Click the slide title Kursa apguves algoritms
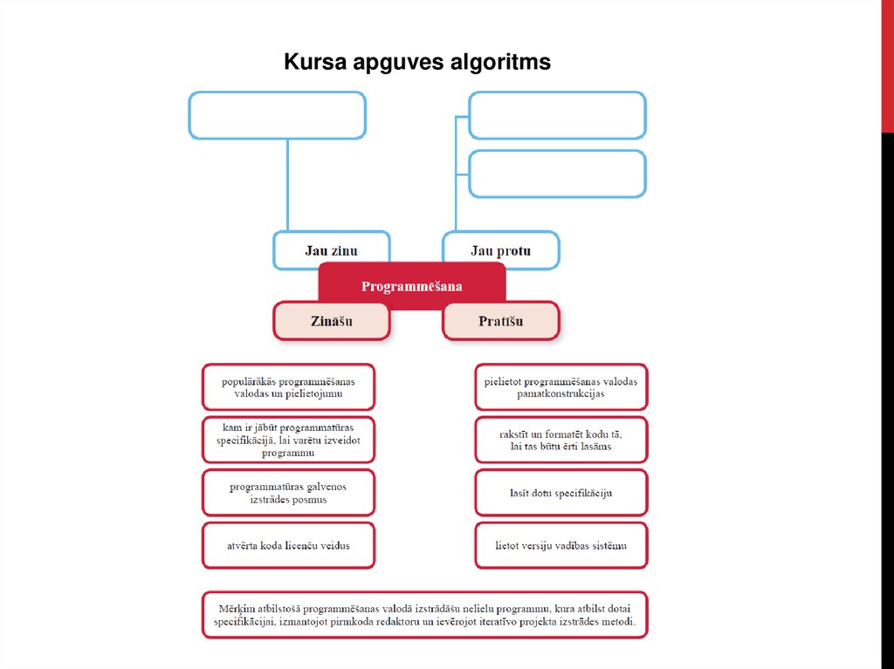pos(416,63)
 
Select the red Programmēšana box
pos(412,285)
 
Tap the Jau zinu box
pos(331,250)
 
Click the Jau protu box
pos(500,250)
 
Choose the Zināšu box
pos(331,321)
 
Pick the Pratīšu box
pos(500,321)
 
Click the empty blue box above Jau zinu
pos(277,115)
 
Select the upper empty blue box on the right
pos(557,115)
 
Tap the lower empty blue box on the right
pos(557,174)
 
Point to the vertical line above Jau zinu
pos(288,185)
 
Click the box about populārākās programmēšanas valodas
pos(288,387)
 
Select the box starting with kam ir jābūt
pos(288,440)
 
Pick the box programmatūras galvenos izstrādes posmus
pos(288,493)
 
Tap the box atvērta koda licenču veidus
pos(288,546)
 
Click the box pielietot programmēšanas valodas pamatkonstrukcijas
pos(561,387)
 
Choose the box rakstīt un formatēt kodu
pos(561,440)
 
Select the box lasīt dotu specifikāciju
pos(561,493)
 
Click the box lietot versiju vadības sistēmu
pos(561,546)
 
